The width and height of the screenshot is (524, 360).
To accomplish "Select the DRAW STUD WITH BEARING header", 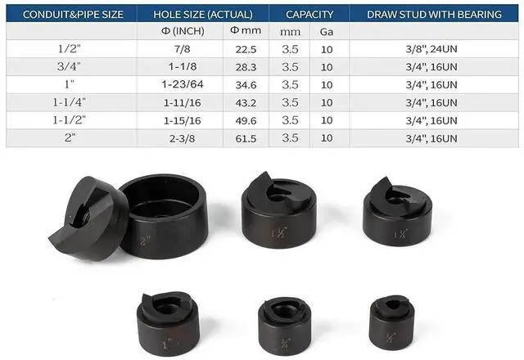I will (x=434, y=14).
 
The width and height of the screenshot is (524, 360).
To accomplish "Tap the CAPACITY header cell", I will (x=309, y=14).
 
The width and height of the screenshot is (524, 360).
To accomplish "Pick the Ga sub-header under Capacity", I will (x=327, y=31).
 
